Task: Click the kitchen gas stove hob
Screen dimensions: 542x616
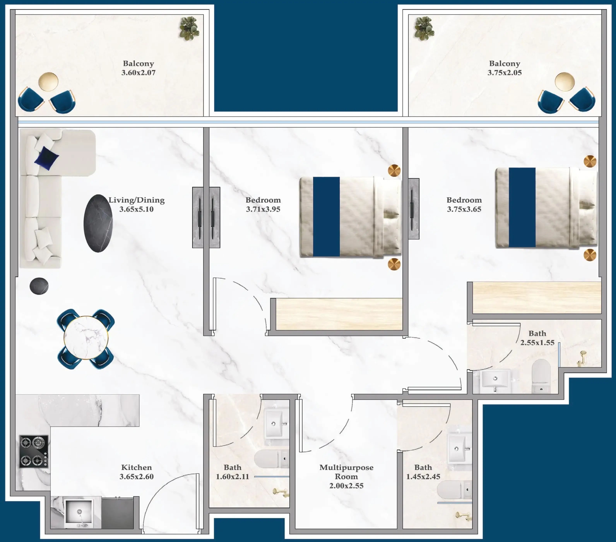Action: [33, 451]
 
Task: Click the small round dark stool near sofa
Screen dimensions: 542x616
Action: [39, 286]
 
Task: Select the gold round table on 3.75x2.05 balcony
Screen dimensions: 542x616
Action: [565, 81]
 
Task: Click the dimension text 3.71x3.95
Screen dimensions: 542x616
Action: [263, 209]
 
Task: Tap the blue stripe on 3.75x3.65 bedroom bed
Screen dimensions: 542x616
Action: [522, 207]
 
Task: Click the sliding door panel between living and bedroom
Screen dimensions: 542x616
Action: [206, 217]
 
